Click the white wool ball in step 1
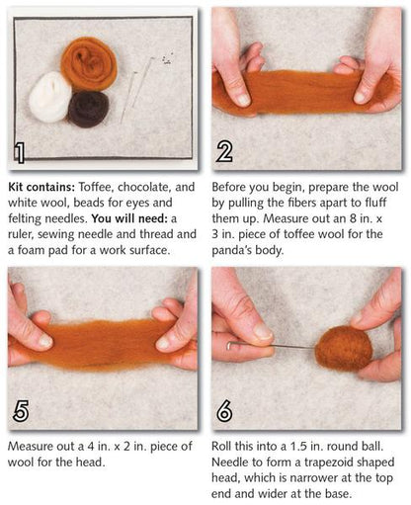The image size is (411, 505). point(49,97)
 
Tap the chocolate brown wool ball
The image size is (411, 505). point(89,110)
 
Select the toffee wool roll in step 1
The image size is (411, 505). point(89,64)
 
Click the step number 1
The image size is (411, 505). point(20,153)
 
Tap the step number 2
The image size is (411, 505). point(224,152)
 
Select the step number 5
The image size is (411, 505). point(21,411)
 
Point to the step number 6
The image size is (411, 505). point(224,411)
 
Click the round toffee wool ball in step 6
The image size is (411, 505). point(344,349)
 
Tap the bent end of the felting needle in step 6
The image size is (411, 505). point(228,346)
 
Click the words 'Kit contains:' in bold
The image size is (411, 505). point(41,187)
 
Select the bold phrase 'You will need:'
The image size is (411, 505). point(129,218)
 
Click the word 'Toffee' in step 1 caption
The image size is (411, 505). point(96,187)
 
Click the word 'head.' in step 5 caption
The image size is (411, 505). point(91,463)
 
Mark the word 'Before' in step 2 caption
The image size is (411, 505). point(229,187)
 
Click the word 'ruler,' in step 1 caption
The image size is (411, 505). point(21,234)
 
